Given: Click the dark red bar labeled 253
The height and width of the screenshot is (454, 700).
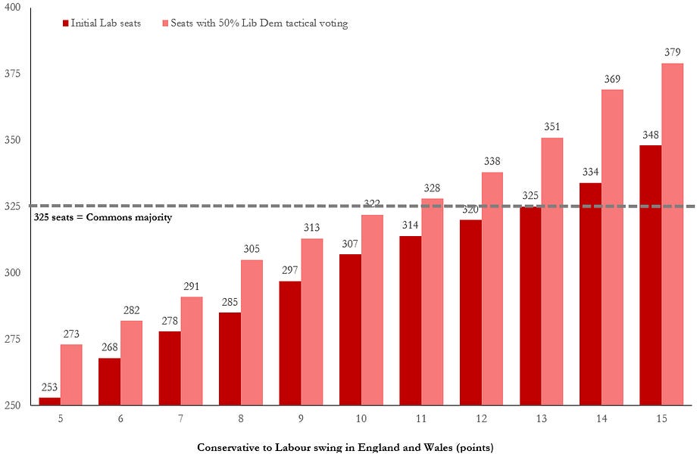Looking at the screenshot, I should pyautogui.click(x=49, y=401).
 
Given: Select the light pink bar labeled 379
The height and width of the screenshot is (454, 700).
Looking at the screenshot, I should pyautogui.click(x=672, y=235).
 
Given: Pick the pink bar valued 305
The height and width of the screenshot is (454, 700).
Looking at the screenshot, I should pyautogui.click(x=252, y=333).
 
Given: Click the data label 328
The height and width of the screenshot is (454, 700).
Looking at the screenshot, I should pyautogui.click(x=432, y=188).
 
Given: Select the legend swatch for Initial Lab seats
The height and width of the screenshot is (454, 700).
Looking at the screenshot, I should pyautogui.click(x=66, y=23).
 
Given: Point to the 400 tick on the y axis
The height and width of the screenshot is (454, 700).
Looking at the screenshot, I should pyautogui.click(x=15, y=8).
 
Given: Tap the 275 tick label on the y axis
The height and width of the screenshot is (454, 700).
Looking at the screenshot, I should pyautogui.click(x=15, y=339).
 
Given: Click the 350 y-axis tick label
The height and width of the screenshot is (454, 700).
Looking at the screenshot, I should pyautogui.click(x=15, y=141).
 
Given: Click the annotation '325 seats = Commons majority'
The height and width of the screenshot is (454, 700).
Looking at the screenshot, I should pyautogui.click(x=104, y=217).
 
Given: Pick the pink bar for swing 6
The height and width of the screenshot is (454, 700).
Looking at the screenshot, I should pyautogui.click(x=132, y=363).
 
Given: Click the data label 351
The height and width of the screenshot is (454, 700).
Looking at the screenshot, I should pyautogui.click(x=552, y=128).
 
